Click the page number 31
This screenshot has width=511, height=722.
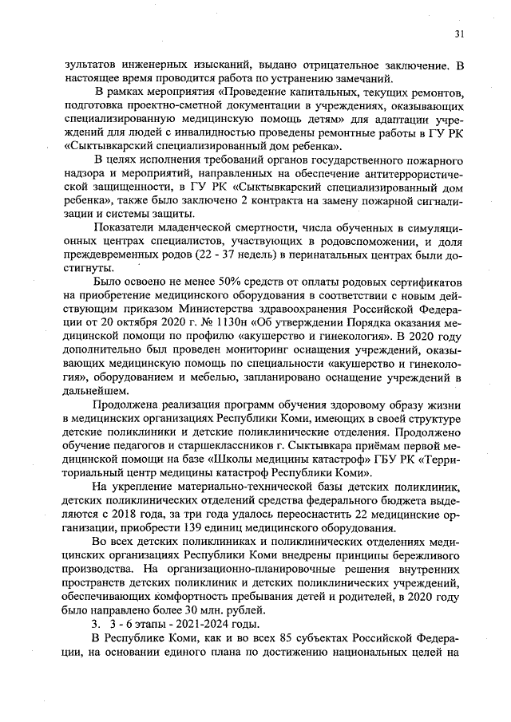(459, 34)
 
